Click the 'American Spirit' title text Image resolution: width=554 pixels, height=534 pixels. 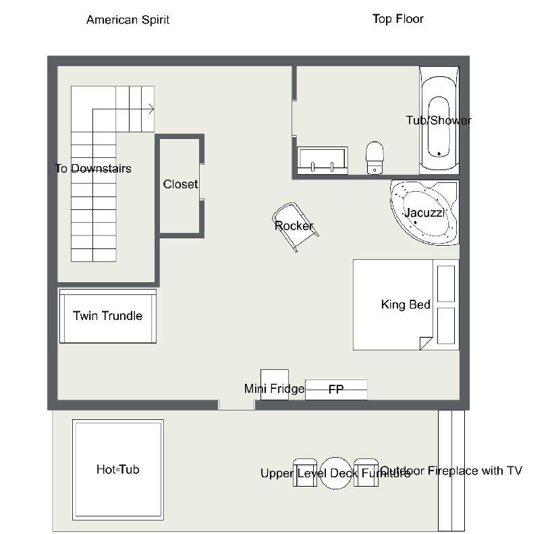pyautogui.click(x=128, y=20)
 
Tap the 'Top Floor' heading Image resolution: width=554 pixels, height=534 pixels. pyautogui.click(x=398, y=19)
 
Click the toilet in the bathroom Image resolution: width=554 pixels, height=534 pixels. pyautogui.click(x=375, y=157)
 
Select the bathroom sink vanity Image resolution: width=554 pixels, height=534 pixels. pyautogui.click(x=323, y=161)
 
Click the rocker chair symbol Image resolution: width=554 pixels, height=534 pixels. pyautogui.click(x=296, y=227)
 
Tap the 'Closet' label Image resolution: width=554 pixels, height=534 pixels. pyautogui.click(x=180, y=184)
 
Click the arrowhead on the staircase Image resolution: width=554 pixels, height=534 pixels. pyautogui.click(x=152, y=109)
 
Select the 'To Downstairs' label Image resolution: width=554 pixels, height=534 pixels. pyautogui.click(x=93, y=169)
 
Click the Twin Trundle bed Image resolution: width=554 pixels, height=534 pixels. pyautogui.click(x=108, y=316)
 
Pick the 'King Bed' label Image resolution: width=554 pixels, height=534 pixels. pyautogui.click(x=406, y=304)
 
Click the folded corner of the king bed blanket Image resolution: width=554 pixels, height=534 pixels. pyautogui.click(x=426, y=343)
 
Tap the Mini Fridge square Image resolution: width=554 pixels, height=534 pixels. pyautogui.click(x=275, y=385)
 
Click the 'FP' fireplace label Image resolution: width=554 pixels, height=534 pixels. pyautogui.click(x=336, y=390)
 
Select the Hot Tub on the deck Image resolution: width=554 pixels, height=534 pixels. pyautogui.click(x=118, y=470)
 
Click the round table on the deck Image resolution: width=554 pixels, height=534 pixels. pyautogui.click(x=335, y=473)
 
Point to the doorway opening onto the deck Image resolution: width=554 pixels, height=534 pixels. pyautogui.click(x=236, y=405)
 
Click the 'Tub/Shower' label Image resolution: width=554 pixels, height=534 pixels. pyautogui.click(x=439, y=121)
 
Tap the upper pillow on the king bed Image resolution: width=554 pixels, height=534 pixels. pyautogui.click(x=446, y=284)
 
